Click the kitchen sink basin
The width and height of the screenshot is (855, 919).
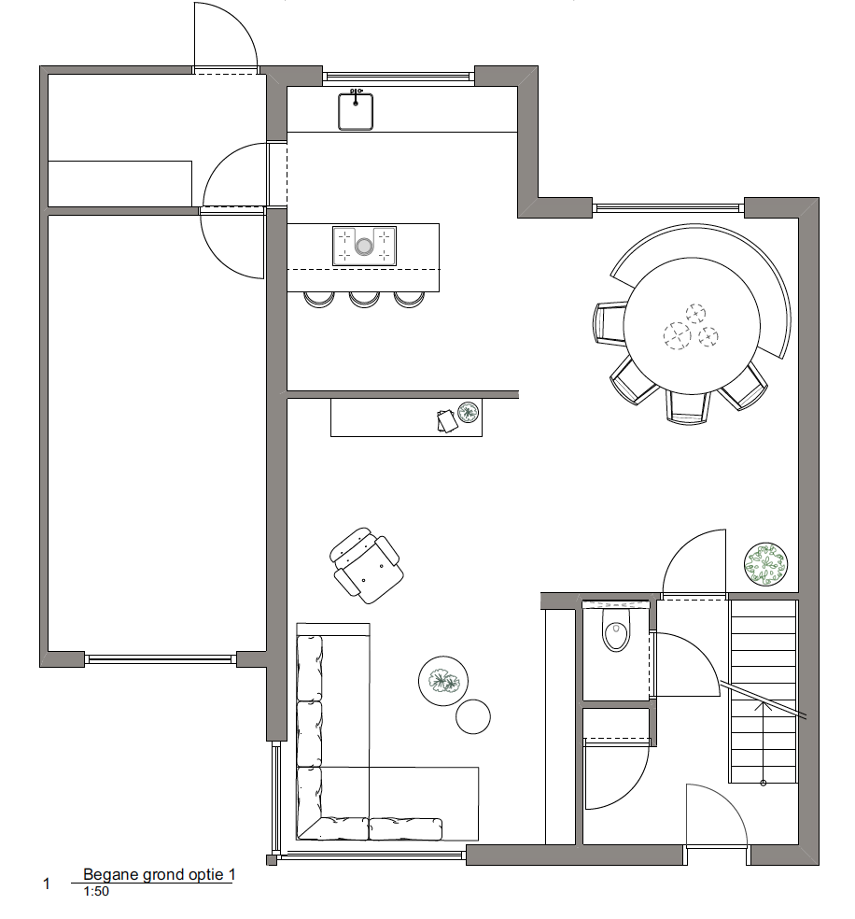pos(356,111)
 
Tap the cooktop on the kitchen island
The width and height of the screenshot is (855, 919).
pos(364,247)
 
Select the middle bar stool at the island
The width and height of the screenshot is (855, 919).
pos(364,299)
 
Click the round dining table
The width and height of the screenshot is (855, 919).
pos(692,325)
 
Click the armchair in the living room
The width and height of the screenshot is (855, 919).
pos(367,565)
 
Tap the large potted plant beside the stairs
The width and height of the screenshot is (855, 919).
pos(765,564)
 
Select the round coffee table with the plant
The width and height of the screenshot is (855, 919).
pos(443,681)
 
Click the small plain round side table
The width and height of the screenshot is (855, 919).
pos(473,716)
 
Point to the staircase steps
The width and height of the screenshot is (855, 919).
pos(763,692)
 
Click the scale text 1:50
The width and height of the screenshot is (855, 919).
pos(96,892)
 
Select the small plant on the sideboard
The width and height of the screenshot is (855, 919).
pos(468,412)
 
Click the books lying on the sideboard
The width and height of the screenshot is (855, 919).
pos(447,421)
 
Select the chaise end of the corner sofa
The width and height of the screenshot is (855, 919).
pos(424,803)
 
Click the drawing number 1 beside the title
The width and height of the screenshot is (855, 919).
pos(47,884)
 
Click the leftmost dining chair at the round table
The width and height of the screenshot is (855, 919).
pos(610,322)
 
